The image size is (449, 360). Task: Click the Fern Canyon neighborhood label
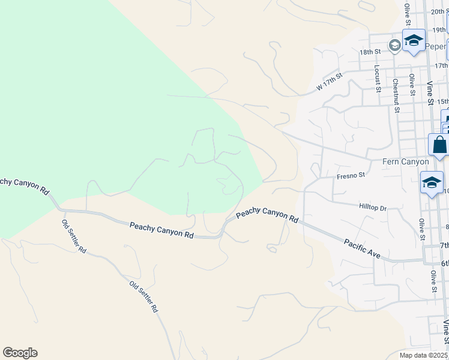406,162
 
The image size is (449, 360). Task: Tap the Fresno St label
351,176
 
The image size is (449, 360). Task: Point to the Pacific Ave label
362,249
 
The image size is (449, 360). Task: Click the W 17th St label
329,83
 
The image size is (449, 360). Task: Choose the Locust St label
377,79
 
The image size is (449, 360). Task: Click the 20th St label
441,11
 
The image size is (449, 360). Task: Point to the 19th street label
441,29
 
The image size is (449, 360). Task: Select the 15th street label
442,102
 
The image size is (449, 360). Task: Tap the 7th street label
444,245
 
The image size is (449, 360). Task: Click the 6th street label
444,263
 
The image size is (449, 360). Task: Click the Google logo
20,353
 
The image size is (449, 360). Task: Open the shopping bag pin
439,145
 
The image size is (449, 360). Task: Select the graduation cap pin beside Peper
413,41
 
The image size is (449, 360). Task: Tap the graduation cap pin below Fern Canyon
432,183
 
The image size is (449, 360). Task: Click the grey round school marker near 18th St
394,45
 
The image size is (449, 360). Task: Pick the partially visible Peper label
436,46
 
